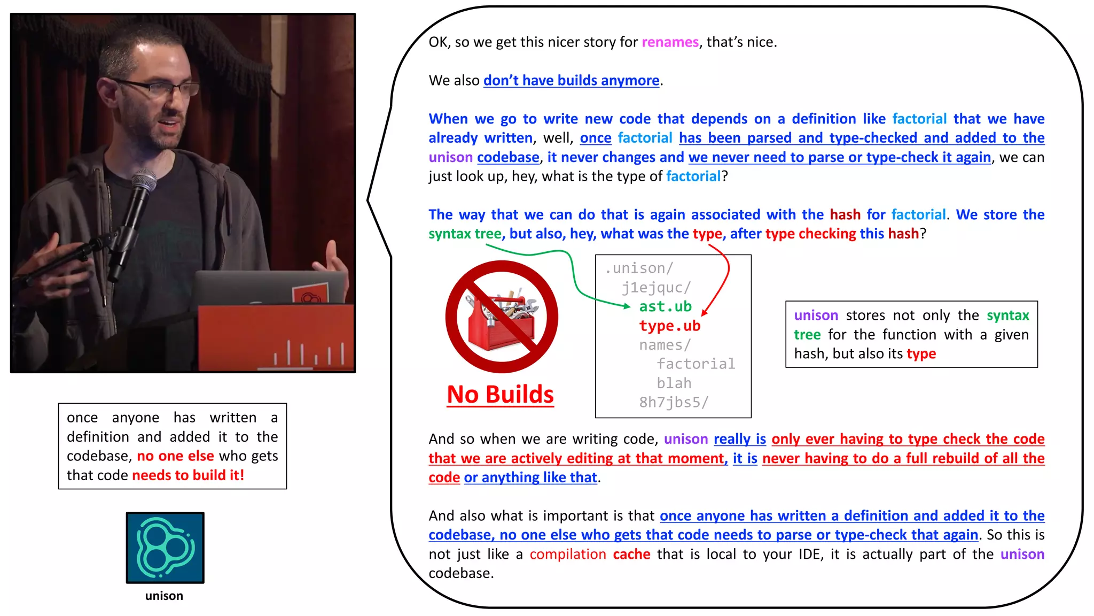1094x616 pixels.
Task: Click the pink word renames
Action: [670, 42]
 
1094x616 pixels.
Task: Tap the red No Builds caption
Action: [500, 395]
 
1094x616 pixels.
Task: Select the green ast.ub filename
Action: [665, 306]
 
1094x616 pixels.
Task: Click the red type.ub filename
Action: [669, 326]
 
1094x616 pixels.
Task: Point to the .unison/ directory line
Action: [639, 268]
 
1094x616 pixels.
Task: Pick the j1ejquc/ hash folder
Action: [656, 288]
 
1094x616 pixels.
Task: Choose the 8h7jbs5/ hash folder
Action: [674, 402]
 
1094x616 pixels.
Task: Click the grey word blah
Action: [674, 383]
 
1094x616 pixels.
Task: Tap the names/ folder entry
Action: [665, 345]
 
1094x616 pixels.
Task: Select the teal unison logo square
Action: [165, 548]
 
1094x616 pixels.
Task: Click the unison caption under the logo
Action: [164, 596]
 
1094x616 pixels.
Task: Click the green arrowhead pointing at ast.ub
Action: [628, 306]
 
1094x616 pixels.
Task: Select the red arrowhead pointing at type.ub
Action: [705, 312]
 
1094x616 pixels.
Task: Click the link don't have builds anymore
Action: [571, 81]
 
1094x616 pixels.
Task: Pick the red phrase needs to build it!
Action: [188, 475]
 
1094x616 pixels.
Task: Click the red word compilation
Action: [568, 554]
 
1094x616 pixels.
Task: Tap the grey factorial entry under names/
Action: [696, 364]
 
